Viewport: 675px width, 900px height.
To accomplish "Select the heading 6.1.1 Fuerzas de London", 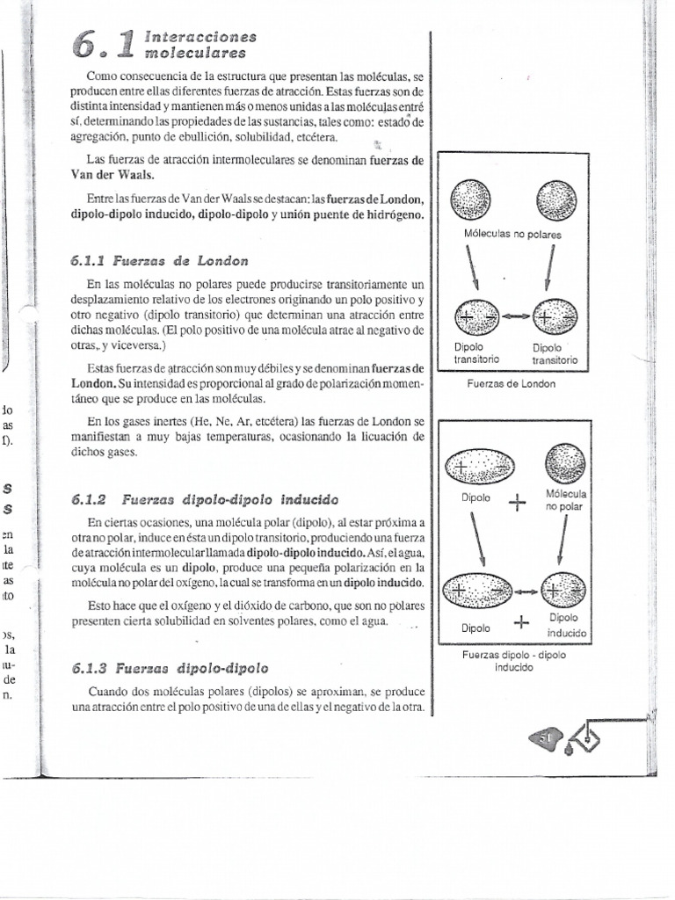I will [x=159, y=260].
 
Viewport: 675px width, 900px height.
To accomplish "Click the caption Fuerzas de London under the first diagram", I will [x=512, y=384].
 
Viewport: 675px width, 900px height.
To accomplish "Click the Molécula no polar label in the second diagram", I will [x=565, y=500].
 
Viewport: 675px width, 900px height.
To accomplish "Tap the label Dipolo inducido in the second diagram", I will [x=565, y=625].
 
